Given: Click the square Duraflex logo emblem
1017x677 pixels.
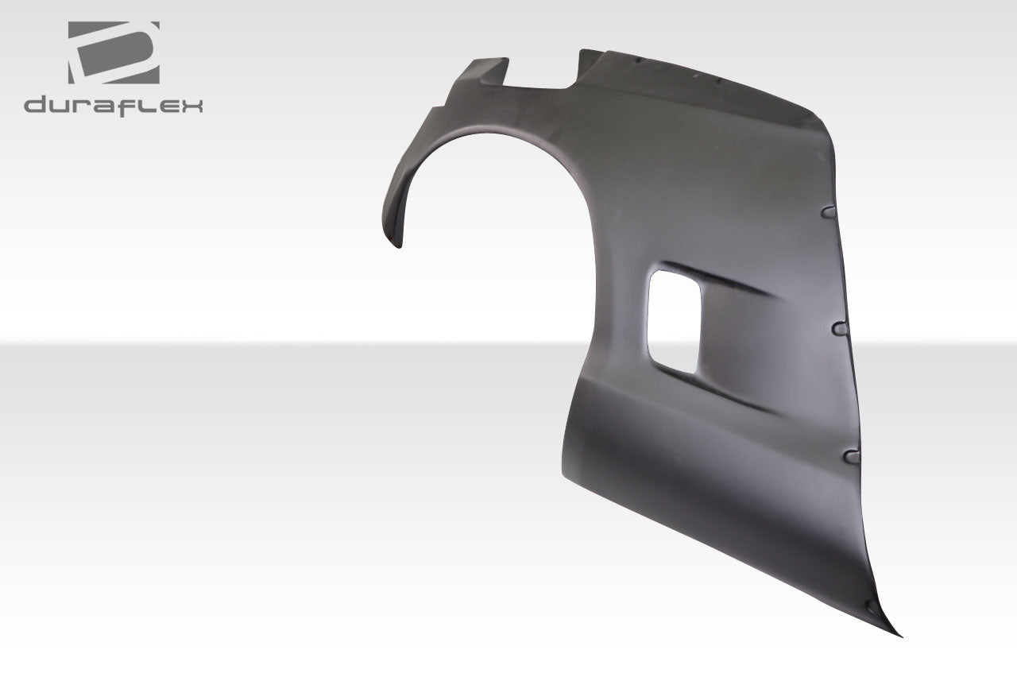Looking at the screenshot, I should click(x=113, y=52).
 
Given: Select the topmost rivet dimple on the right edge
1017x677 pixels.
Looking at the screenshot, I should click(x=828, y=212).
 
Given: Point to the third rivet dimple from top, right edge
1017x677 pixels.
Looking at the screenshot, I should click(x=852, y=456).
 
